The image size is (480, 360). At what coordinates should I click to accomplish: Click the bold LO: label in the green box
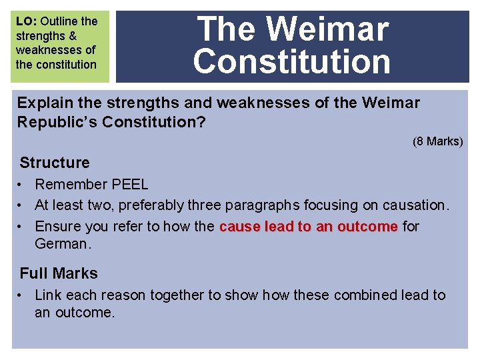click(27, 21)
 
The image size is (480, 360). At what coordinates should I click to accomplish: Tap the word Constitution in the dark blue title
click(292, 61)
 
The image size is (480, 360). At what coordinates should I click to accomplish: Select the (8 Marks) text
click(437, 141)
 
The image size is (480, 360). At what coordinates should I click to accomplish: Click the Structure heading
click(55, 163)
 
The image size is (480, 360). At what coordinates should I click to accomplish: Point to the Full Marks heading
click(59, 273)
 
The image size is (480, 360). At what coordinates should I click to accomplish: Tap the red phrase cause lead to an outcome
click(308, 227)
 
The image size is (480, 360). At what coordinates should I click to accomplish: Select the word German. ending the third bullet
click(62, 244)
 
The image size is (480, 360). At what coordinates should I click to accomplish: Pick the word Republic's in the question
click(53, 123)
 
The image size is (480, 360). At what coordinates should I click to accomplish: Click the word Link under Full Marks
click(47, 295)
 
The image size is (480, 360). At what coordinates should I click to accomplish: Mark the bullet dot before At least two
click(23, 205)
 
